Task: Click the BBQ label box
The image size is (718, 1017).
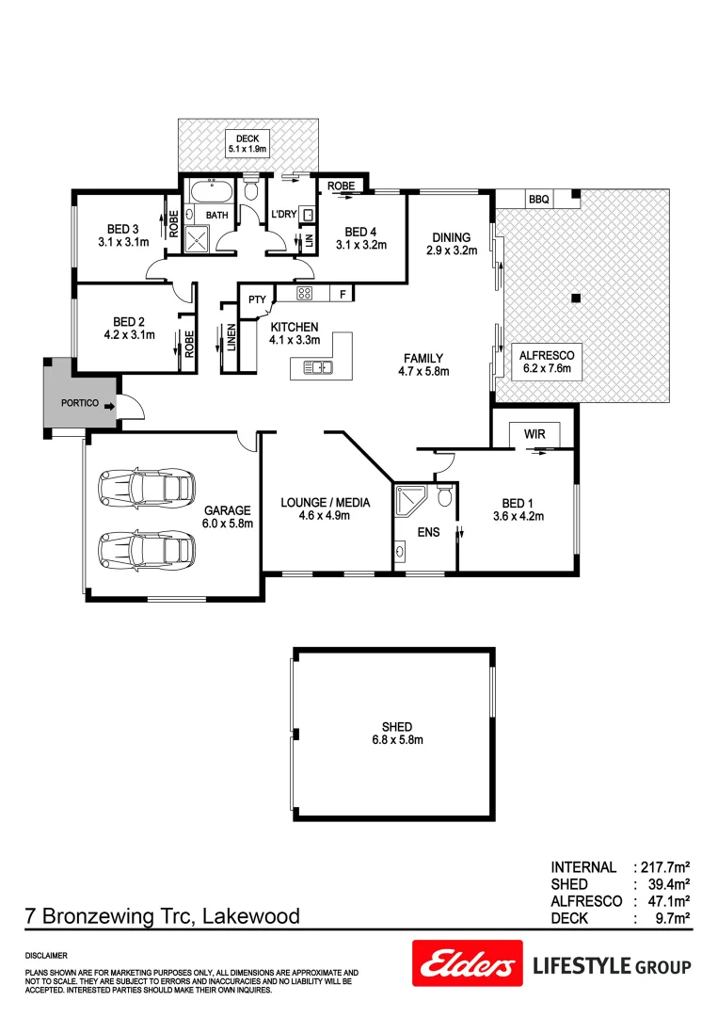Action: [538, 199]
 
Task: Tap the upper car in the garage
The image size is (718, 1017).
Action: [146, 487]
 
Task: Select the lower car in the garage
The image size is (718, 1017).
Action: [146, 547]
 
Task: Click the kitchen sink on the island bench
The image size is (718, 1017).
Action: [318, 367]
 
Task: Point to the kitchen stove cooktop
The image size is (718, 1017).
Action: [305, 293]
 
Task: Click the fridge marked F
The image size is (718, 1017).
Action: [343, 294]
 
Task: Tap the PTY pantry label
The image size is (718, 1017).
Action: [256, 300]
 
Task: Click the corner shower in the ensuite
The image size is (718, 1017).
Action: [411, 501]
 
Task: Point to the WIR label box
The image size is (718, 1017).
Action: [535, 434]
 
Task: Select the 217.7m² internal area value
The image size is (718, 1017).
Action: [664, 867]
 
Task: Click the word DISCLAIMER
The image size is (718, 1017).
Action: [46, 955]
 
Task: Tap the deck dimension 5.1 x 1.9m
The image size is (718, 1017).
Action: [247, 149]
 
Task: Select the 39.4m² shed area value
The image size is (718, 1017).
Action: [669, 884]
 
